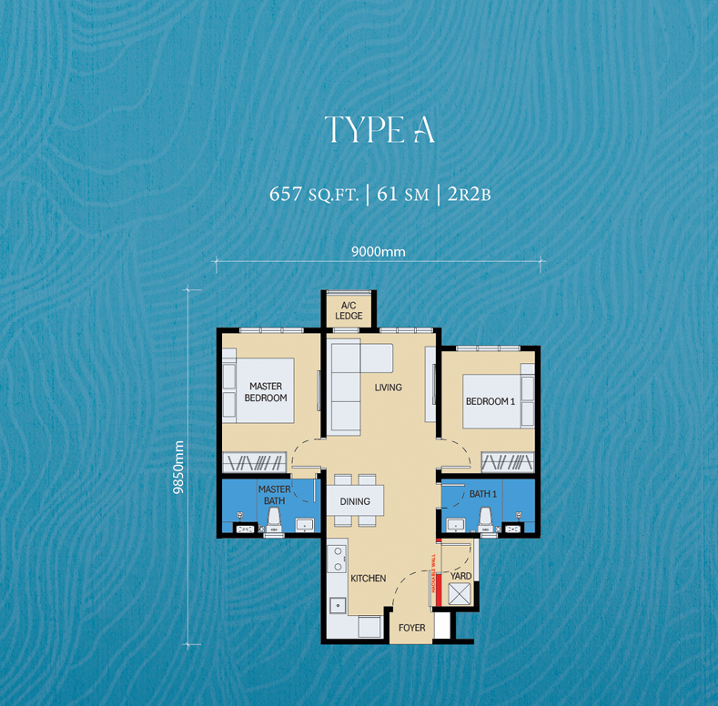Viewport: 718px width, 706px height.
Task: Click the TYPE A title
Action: [x=379, y=131]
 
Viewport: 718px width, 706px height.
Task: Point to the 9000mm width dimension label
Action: [x=378, y=251]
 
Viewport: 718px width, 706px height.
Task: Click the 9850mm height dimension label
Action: [x=178, y=467]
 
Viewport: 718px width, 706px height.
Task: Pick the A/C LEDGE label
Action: [x=349, y=310]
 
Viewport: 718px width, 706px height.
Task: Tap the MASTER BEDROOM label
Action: [x=266, y=392]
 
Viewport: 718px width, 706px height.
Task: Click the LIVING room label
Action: [x=388, y=388]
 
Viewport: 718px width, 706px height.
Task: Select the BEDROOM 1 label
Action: [x=490, y=401]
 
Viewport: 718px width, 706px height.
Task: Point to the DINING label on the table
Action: [x=355, y=501]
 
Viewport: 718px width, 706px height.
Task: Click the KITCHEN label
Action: [x=368, y=579]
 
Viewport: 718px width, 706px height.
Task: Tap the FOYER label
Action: [x=411, y=628]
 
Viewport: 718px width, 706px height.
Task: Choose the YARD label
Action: [x=460, y=576]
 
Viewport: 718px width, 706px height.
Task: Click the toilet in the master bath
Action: [x=274, y=519]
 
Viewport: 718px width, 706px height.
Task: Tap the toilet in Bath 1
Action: [x=485, y=519]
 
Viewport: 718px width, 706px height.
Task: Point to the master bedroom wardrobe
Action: [x=256, y=461]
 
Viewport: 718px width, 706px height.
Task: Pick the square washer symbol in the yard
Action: [x=458, y=595]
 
